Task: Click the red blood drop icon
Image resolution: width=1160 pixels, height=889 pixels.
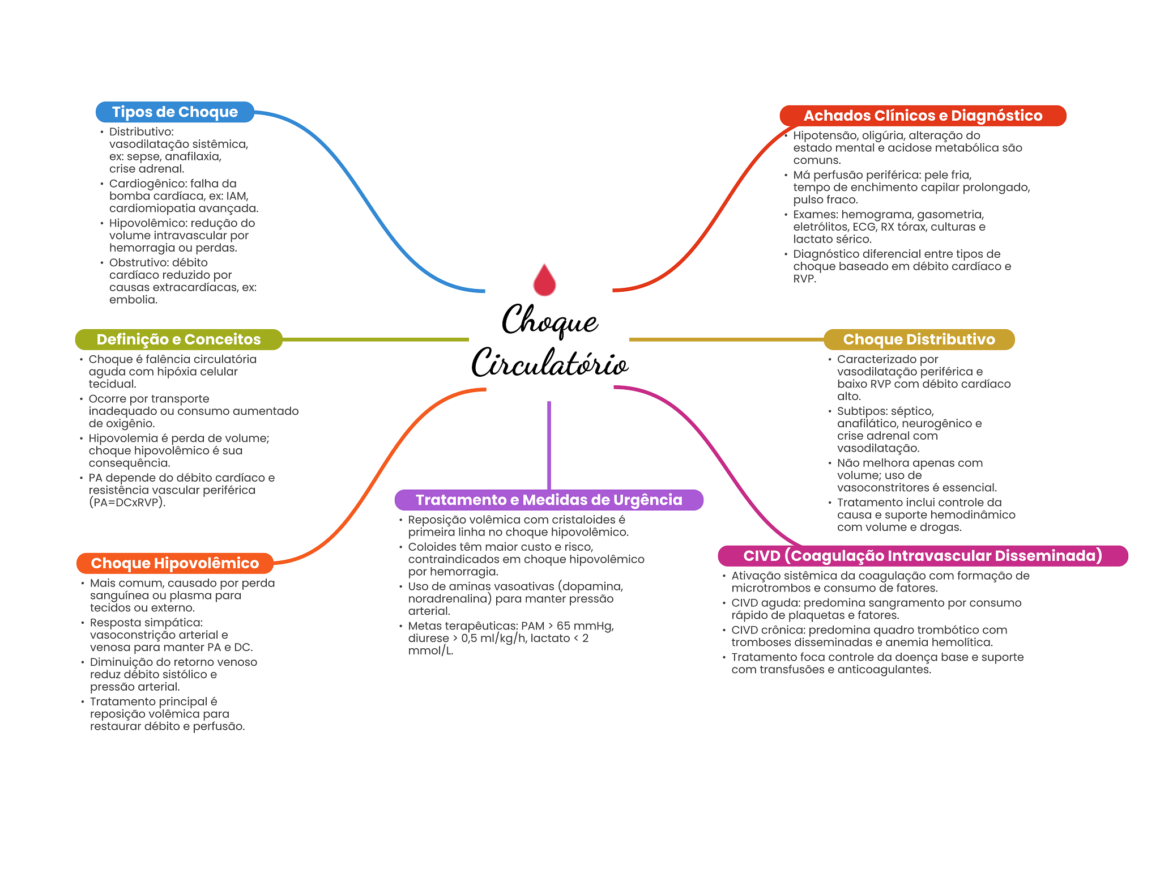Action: pyautogui.click(x=544, y=280)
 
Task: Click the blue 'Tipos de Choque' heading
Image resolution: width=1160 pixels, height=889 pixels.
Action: pyautogui.click(x=174, y=112)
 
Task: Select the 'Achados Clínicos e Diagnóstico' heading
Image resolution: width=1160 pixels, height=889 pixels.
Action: pyautogui.click(x=923, y=116)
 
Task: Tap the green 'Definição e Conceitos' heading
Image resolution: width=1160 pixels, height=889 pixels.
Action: pyautogui.click(x=178, y=339)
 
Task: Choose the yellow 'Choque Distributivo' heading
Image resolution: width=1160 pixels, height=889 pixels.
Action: pyautogui.click(x=919, y=339)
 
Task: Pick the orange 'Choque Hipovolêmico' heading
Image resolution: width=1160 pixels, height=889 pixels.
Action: pyautogui.click(x=174, y=563)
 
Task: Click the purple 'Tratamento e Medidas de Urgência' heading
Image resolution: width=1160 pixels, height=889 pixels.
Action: pyautogui.click(x=549, y=500)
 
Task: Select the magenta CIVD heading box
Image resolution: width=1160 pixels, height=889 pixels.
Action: pyautogui.click(x=923, y=556)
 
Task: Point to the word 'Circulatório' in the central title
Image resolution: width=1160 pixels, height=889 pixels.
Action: pyautogui.click(x=550, y=363)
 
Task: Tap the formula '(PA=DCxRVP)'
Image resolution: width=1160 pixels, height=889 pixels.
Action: pyautogui.click(x=127, y=503)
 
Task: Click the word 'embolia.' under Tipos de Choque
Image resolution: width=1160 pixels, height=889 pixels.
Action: pyautogui.click(x=133, y=300)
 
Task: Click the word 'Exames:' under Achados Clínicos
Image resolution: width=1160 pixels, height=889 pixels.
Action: pyautogui.click(x=815, y=215)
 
